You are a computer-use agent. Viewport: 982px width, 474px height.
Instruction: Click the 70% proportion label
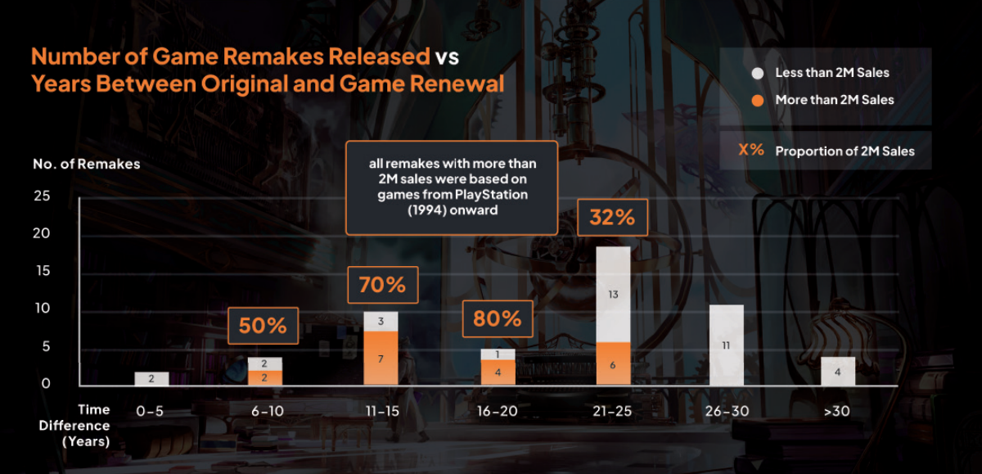(382, 286)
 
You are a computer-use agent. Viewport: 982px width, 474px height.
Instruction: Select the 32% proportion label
(612, 219)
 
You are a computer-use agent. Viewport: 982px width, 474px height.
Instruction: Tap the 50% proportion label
(263, 326)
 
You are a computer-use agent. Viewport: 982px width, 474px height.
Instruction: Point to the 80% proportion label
(498, 318)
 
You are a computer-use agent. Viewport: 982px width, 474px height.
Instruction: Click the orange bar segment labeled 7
(381, 358)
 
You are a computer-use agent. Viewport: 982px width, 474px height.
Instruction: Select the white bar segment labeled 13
(612, 294)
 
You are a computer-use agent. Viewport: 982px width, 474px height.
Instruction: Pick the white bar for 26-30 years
(727, 345)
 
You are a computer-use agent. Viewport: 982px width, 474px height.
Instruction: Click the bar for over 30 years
(838, 371)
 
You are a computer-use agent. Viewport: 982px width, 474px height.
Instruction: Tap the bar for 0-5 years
(151, 378)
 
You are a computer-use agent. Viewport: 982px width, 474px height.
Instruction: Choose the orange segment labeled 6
(612, 363)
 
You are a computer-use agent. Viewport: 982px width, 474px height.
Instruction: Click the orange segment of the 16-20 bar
(498, 372)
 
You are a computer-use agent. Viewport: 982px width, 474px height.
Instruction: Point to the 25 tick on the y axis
(42, 196)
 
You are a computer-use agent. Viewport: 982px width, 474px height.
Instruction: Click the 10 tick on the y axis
(42, 309)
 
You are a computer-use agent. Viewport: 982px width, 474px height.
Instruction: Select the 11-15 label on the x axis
(381, 411)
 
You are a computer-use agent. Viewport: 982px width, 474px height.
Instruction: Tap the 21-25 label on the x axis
(612, 411)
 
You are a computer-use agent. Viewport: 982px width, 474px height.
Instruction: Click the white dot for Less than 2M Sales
(757, 73)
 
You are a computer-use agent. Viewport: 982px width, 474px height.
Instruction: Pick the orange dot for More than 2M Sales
(757, 100)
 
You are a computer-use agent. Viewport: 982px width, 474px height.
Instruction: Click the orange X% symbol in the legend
(751, 151)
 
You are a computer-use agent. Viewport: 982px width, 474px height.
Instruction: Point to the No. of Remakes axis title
(86, 164)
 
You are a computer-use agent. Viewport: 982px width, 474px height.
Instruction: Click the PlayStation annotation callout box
(452, 187)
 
